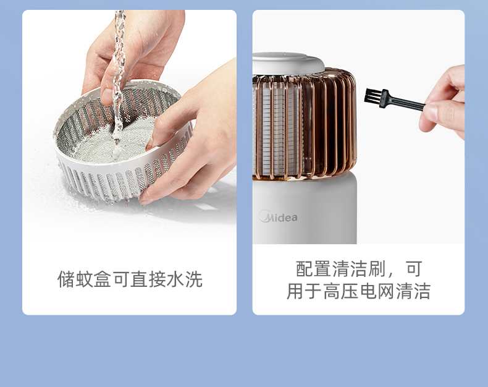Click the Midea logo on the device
coord(277,216)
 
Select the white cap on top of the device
coord(288,63)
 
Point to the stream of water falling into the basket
coord(119,75)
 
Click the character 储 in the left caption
coord(66,279)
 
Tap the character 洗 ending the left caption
coord(194,279)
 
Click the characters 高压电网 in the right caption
coord(358,291)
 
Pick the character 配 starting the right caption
coord(305,268)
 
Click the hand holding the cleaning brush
coord(444,103)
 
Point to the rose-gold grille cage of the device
coord(305,123)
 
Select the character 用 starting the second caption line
coord(295,291)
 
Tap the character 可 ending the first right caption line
coord(414,268)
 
